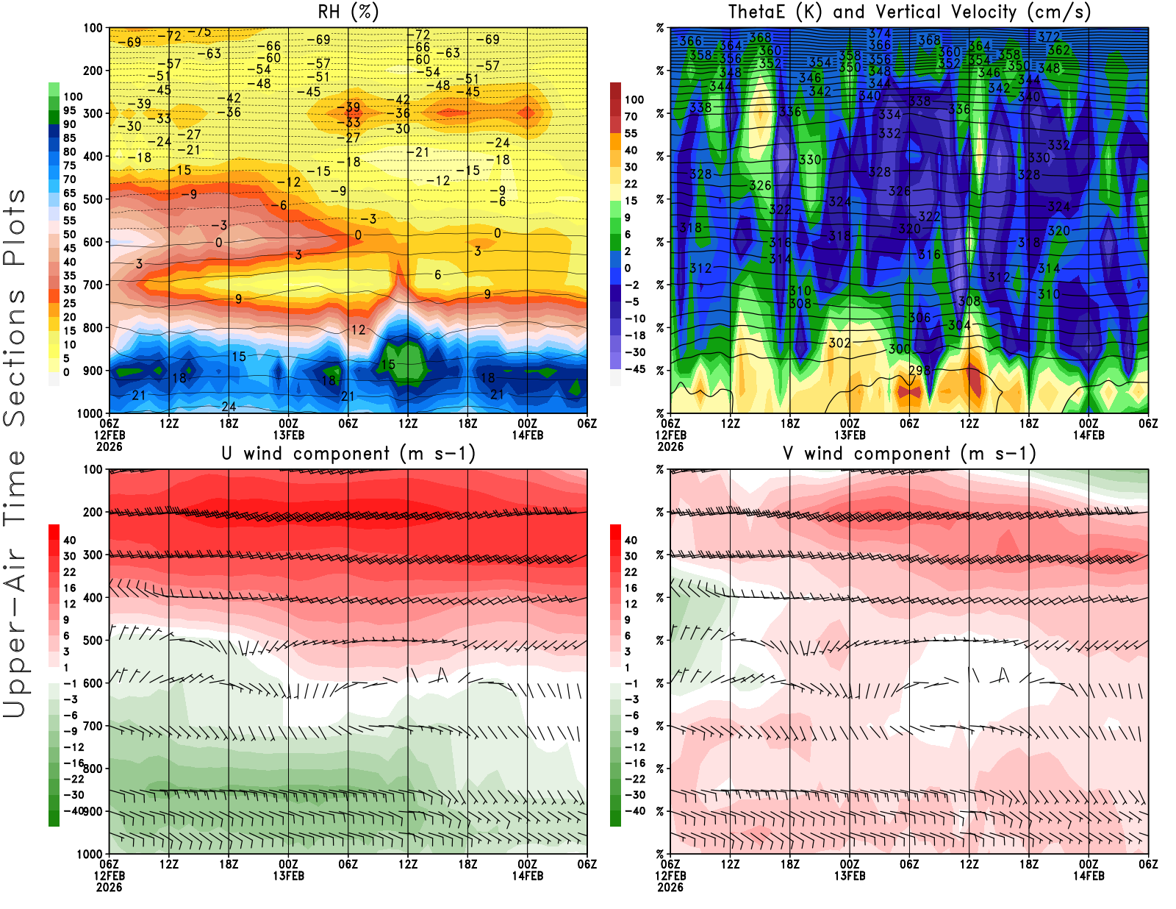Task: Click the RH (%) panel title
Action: [x=348, y=12]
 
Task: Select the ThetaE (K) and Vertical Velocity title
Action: [x=909, y=12]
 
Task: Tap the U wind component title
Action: [x=348, y=454]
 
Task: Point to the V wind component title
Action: [x=909, y=454]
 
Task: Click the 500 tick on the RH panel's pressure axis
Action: [x=93, y=199]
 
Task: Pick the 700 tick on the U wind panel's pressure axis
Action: [x=93, y=727]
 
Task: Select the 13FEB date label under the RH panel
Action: [x=288, y=435]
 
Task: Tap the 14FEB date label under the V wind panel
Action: [x=1089, y=876]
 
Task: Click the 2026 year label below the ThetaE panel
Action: [x=670, y=446]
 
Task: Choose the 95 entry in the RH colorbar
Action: [x=69, y=110]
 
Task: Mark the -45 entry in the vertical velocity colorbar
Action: [x=634, y=369]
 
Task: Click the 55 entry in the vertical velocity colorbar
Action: [x=631, y=133]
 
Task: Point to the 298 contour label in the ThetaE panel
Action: [x=919, y=371]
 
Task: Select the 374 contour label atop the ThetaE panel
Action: [x=879, y=33]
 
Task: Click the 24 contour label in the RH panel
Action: [x=229, y=407]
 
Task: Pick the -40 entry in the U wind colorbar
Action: [x=73, y=810]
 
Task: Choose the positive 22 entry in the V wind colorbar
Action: [x=631, y=572]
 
